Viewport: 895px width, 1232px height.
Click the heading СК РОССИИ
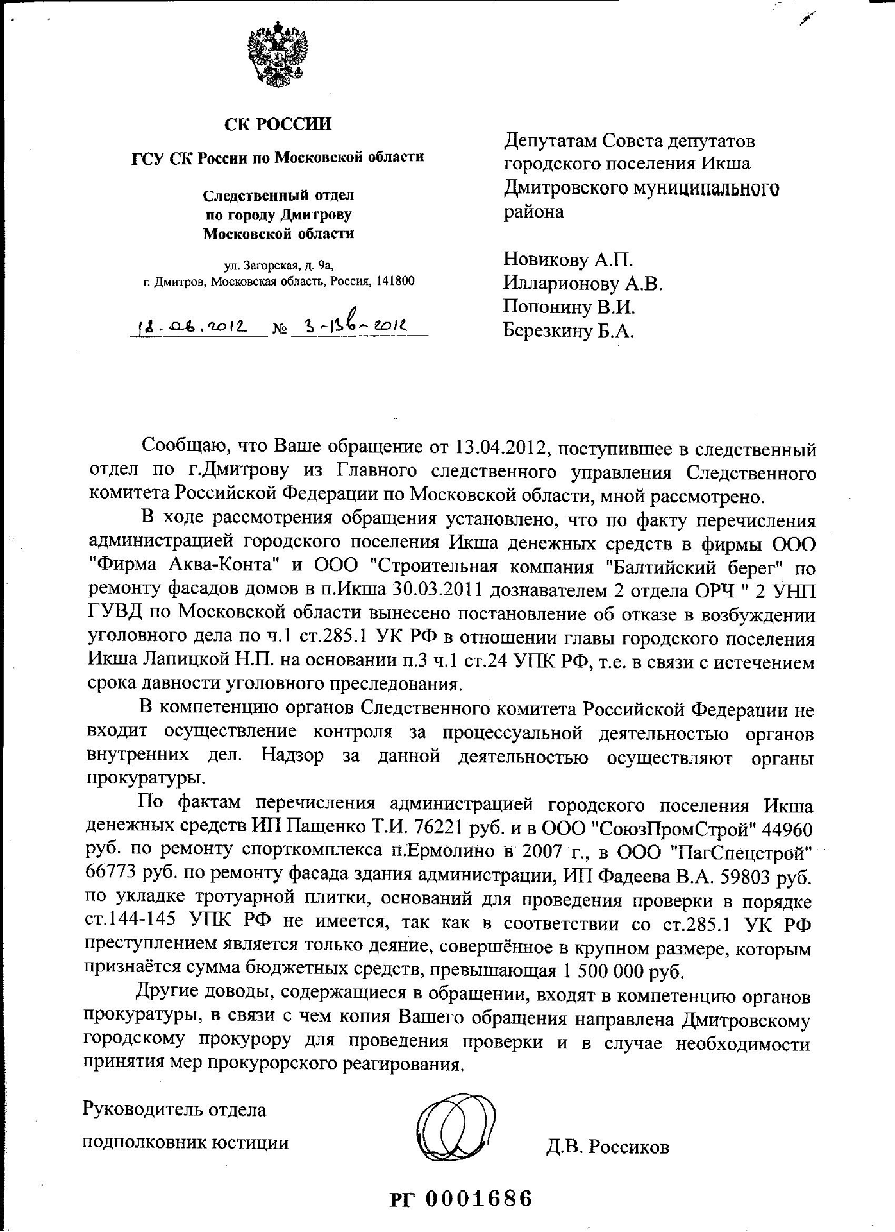click(278, 123)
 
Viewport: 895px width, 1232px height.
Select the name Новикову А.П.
click(567, 259)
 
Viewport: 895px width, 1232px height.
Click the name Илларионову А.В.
click(582, 283)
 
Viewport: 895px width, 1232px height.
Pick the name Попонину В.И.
click(569, 307)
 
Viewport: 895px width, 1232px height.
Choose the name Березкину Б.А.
click(568, 330)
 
